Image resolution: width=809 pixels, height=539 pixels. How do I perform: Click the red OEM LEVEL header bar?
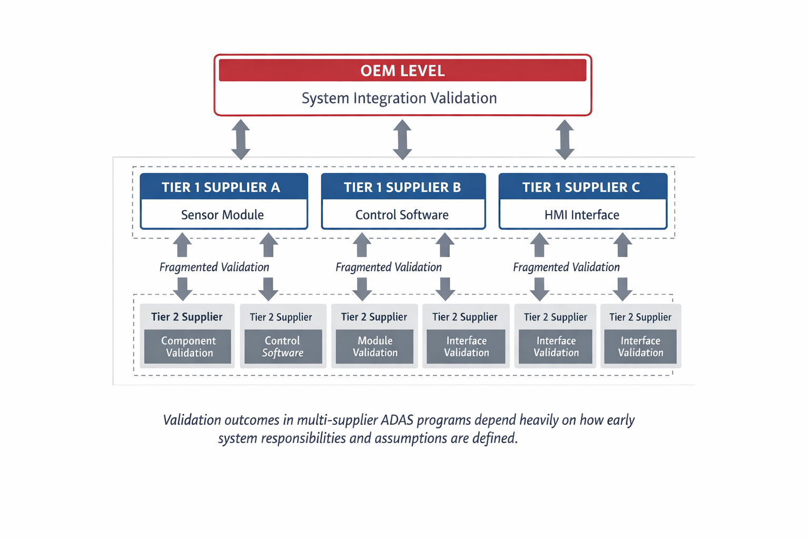(402, 71)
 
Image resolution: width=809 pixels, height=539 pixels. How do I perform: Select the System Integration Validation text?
(399, 98)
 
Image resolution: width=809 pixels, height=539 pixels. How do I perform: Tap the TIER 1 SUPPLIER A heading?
(221, 187)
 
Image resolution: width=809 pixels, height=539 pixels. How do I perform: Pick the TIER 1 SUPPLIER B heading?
(402, 187)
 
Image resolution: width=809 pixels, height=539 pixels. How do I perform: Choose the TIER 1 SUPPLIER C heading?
(581, 187)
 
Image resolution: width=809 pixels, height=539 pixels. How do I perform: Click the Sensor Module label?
(222, 215)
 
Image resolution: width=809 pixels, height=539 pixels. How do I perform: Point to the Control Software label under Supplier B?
(402, 215)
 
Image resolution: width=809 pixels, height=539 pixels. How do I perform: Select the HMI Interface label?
(582, 215)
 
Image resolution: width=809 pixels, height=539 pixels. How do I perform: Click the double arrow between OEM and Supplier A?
(241, 139)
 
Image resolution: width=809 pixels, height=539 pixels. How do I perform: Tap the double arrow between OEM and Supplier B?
(402, 139)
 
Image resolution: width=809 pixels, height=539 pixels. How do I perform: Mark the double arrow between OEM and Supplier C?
(565, 139)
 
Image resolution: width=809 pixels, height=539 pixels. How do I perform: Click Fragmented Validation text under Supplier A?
(214, 267)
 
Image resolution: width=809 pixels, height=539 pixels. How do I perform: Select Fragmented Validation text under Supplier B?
(389, 267)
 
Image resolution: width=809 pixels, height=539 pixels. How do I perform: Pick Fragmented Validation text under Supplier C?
(566, 267)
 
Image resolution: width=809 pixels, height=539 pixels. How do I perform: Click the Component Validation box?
(188, 347)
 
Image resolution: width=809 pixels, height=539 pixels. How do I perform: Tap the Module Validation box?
(375, 347)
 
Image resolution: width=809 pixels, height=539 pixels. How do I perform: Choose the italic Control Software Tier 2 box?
(283, 347)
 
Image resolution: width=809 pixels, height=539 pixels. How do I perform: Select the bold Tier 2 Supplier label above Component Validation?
(187, 317)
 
